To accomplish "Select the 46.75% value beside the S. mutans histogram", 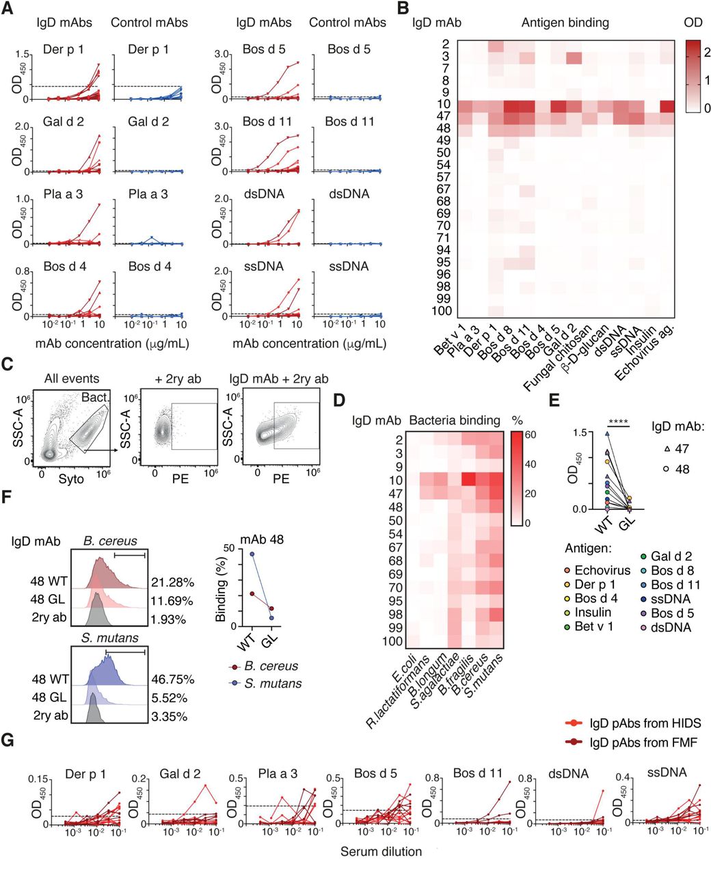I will (173, 679).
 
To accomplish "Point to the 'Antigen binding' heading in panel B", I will (565, 23).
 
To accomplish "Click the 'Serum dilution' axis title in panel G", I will (381, 852).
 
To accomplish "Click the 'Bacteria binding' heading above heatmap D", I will (455, 420).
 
